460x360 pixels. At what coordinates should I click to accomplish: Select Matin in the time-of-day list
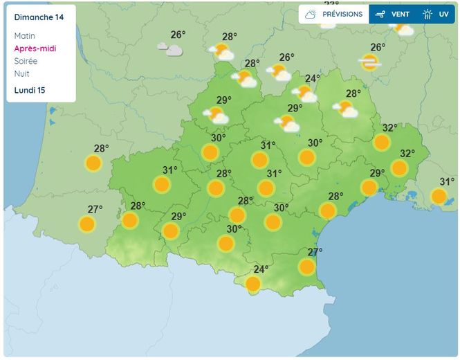click(24, 36)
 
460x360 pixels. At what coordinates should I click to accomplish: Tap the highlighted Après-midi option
click(35, 48)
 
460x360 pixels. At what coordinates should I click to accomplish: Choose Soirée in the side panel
click(26, 61)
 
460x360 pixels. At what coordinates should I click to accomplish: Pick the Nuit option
click(22, 73)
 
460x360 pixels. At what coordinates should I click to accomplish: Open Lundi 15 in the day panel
click(30, 90)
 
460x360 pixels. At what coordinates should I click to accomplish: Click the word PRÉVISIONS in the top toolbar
click(342, 14)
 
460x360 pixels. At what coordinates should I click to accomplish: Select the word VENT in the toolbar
click(401, 14)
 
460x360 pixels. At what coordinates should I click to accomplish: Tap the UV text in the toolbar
click(443, 14)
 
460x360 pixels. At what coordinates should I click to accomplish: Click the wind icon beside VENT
click(380, 14)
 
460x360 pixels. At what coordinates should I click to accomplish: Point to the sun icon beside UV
click(427, 14)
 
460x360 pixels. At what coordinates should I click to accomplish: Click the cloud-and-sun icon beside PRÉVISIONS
click(311, 14)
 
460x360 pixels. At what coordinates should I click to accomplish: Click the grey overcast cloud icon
click(169, 49)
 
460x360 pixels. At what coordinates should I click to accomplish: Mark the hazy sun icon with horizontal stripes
click(369, 63)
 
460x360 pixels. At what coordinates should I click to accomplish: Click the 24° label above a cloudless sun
click(261, 270)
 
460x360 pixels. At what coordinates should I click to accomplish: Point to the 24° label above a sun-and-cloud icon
click(313, 78)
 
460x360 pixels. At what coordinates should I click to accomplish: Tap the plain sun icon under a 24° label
click(253, 284)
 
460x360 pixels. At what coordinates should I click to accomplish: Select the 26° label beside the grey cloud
click(178, 35)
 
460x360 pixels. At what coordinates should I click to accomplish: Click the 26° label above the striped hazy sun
click(378, 48)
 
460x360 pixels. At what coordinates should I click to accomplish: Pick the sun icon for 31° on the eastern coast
click(439, 197)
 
